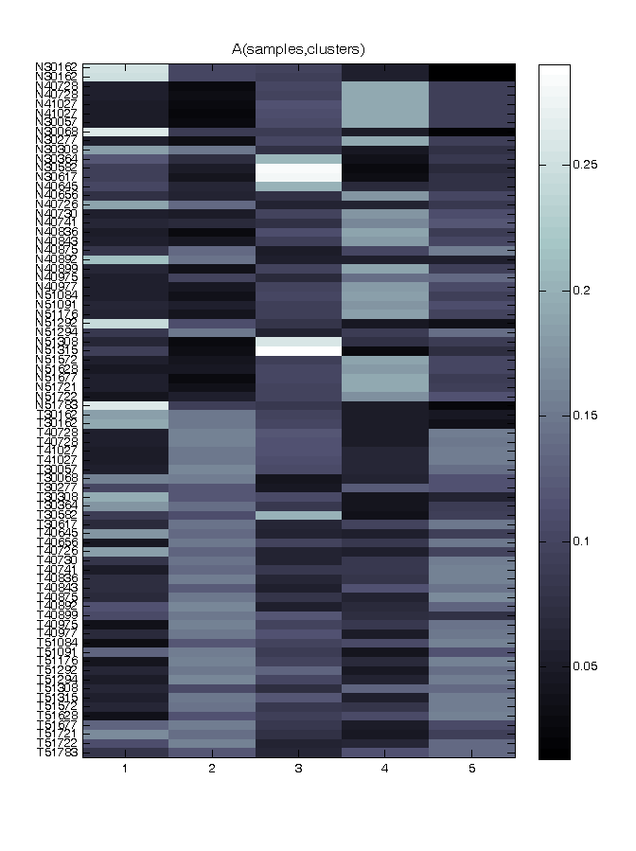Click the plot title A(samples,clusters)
point(298,48)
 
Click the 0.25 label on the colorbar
point(587,165)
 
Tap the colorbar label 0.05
point(587,665)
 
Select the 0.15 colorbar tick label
point(587,415)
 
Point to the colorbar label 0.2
point(583,290)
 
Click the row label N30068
point(58,132)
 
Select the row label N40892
point(58,258)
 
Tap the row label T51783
point(58,753)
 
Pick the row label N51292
point(58,322)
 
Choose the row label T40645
point(58,533)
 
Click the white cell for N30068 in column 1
point(126,132)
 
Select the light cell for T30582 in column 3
point(298,515)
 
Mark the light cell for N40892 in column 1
point(126,258)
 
